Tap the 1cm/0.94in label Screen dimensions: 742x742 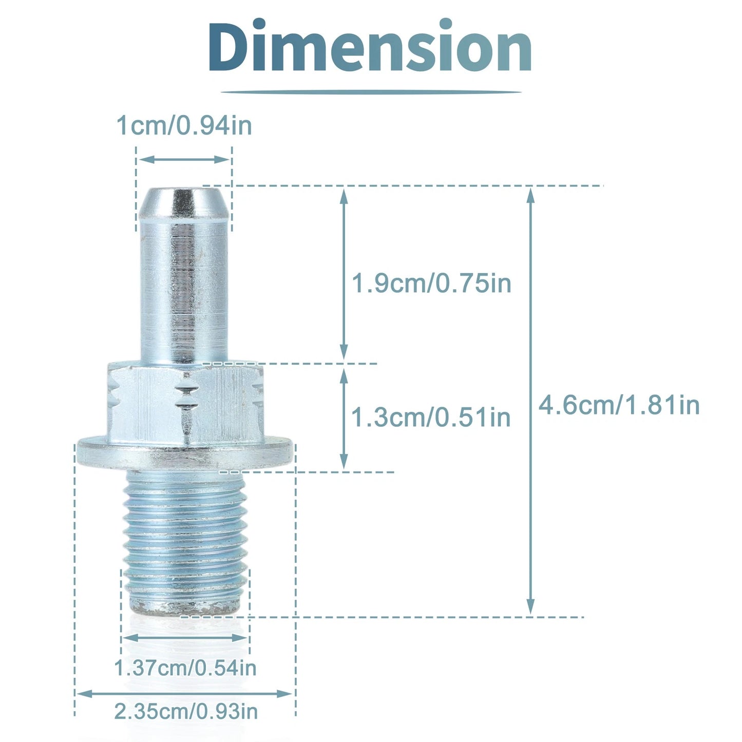[x=184, y=125]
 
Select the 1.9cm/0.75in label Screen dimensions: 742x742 [x=432, y=283]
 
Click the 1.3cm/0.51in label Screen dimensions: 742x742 [x=431, y=417]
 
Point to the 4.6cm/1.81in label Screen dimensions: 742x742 [x=619, y=405]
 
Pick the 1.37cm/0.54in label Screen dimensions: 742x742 [x=185, y=668]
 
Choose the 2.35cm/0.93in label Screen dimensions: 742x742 [x=186, y=712]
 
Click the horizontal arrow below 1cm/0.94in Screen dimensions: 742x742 [x=184, y=159]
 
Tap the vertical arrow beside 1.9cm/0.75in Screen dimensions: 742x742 [x=344, y=275]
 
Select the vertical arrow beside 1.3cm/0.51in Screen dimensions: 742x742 [x=344, y=418]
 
